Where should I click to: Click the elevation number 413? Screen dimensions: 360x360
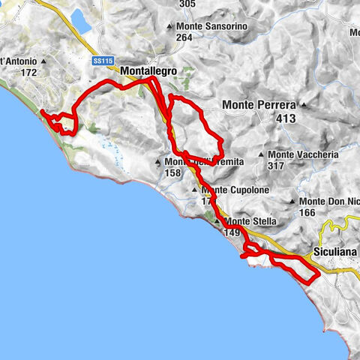pos(285,118)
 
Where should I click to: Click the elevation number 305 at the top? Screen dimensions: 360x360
pos(187,4)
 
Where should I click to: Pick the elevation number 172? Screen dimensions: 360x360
pos(29,73)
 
